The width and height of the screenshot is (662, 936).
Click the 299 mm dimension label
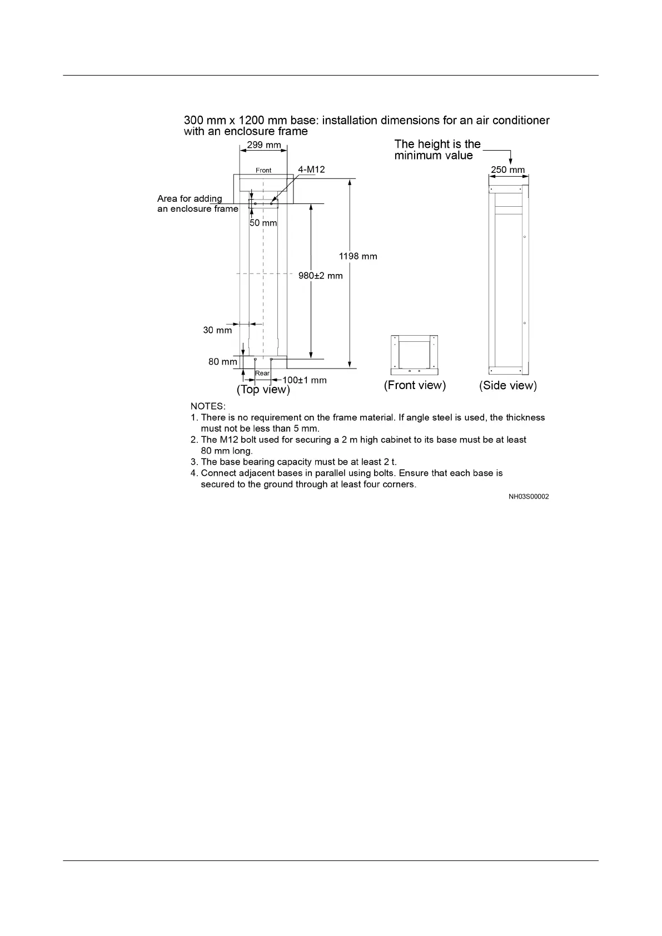[x=264, y=146]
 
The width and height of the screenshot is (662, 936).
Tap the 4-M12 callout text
[x=311, y=170]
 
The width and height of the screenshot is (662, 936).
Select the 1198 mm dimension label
[x=358, y=256]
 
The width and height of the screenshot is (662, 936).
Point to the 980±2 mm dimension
[x=321, y=275]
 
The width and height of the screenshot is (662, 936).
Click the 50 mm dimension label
[x=263, y=223]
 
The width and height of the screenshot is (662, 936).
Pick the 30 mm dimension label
[x=217, y=330]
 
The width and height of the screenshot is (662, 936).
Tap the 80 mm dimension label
[x=222, y=362]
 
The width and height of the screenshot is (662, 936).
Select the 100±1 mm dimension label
[x=305, y=380]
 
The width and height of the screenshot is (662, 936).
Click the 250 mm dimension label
[x=507, y=170]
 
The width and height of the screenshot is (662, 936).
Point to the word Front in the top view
[x=263, y=170]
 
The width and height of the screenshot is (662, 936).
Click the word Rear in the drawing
[x=262, y=373]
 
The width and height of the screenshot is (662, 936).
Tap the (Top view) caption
[x=263, y=390]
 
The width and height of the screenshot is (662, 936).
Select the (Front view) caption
[x=415, y=385]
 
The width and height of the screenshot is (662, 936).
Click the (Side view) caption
[x=508, y=385]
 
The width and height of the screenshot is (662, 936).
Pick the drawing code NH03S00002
[x=529, y=496]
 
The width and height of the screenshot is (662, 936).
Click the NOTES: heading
[x=208, y=406]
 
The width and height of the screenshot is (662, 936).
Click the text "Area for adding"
[x=190, y=198]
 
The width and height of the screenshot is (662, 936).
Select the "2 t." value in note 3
[x=390, y=462]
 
